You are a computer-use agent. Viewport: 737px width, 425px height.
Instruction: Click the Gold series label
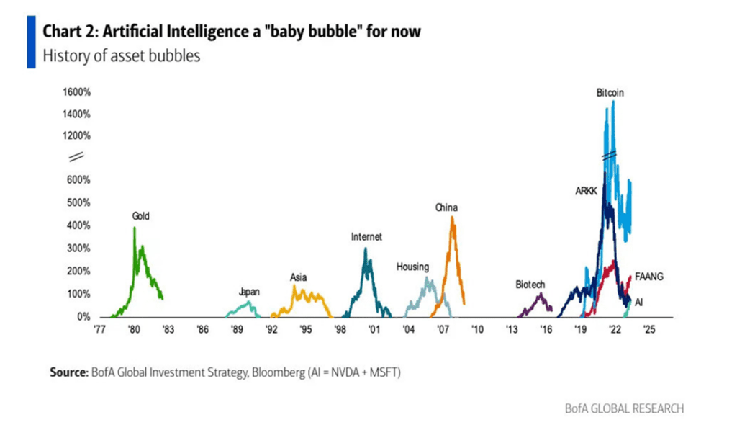140,215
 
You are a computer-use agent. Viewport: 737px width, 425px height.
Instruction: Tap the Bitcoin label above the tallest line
610,93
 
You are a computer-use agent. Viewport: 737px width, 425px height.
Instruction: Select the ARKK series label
587,192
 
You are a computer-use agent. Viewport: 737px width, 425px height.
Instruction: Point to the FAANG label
648,276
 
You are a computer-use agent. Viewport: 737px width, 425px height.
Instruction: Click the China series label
446,208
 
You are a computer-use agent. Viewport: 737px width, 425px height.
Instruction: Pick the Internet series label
366,236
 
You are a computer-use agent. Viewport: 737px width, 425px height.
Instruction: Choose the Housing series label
412,267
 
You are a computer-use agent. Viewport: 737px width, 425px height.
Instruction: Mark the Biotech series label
530,285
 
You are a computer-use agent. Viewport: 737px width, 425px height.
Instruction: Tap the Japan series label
249,292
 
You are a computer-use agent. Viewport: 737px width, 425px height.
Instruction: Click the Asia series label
299,277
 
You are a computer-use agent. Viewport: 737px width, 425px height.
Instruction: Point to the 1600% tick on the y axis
76,92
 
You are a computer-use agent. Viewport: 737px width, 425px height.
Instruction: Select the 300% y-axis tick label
79,249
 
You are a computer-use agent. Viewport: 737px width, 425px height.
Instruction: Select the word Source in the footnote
68,372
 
